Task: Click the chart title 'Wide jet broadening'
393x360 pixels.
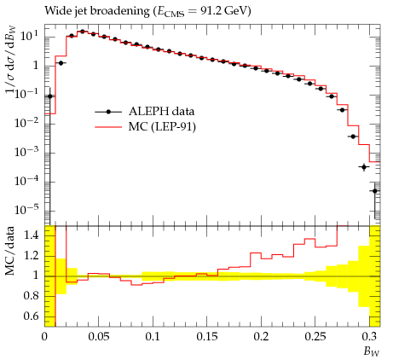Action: click(x=97, y=11)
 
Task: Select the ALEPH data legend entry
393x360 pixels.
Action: click(x=145, y=112)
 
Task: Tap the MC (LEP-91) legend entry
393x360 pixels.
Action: click(x=145, y=127)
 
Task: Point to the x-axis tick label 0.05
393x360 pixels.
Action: click(x=98, y=337)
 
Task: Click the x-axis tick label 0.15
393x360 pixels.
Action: click(x=207, y=337)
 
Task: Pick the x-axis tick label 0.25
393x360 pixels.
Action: click(x=315, y=337)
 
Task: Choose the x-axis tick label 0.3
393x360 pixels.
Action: click(x=369, y=337)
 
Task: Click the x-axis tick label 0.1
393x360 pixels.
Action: click(x=153, y=337)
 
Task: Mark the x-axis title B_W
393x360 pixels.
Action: click(x=372, y=351)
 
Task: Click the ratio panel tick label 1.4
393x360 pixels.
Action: click(x=31, y=235)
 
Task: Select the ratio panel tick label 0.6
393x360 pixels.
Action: click(x=31, y=316)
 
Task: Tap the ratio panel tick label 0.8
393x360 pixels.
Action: click(x=31, y=296)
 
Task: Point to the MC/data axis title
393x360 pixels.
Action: click(x=10, y=251)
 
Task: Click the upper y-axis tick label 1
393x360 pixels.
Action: click(x=35, y=66)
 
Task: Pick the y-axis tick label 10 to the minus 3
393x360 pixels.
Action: click(x=26, y=152)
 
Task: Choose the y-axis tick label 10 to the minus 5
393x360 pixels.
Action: click(x=26, y=210)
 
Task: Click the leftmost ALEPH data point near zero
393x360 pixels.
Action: click(x=49, y=96)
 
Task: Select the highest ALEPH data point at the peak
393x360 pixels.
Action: click(x=83, y=32)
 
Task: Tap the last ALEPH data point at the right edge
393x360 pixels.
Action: click(x=375, y=191)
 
